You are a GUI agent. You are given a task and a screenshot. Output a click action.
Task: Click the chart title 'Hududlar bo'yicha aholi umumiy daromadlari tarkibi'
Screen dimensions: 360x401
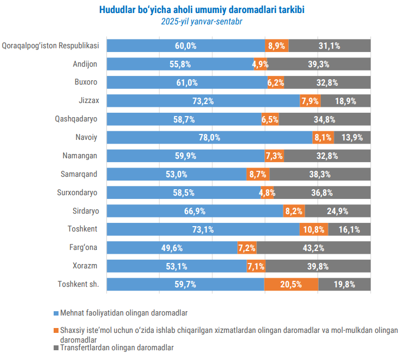tap(202, 10)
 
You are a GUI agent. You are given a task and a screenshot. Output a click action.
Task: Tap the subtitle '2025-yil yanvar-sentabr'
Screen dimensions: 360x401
tap(202, 22)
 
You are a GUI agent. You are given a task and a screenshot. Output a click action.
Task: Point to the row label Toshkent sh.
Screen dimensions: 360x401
tap(77, 284)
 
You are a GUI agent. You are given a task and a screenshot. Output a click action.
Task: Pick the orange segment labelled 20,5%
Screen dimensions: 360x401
tap(291, 284)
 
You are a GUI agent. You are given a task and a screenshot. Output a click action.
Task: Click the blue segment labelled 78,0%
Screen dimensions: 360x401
tap(209, 138)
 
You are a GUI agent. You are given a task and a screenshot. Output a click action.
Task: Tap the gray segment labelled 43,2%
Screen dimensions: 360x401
tap(314, 248)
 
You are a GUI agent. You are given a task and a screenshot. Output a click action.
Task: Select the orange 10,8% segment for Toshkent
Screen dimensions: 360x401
tap(314, 229)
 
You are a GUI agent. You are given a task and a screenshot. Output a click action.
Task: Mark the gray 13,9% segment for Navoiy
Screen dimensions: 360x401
tap(352, 138)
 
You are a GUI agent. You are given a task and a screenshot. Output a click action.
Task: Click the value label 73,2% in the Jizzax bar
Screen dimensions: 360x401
tap(203, 101)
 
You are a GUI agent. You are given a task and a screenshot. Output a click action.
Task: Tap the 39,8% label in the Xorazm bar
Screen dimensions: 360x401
tap(318, 266)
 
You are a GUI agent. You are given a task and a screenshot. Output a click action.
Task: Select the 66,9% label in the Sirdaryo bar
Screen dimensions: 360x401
tap(195, 211)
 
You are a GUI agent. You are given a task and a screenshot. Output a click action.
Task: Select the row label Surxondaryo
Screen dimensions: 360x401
tap(77, 192)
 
